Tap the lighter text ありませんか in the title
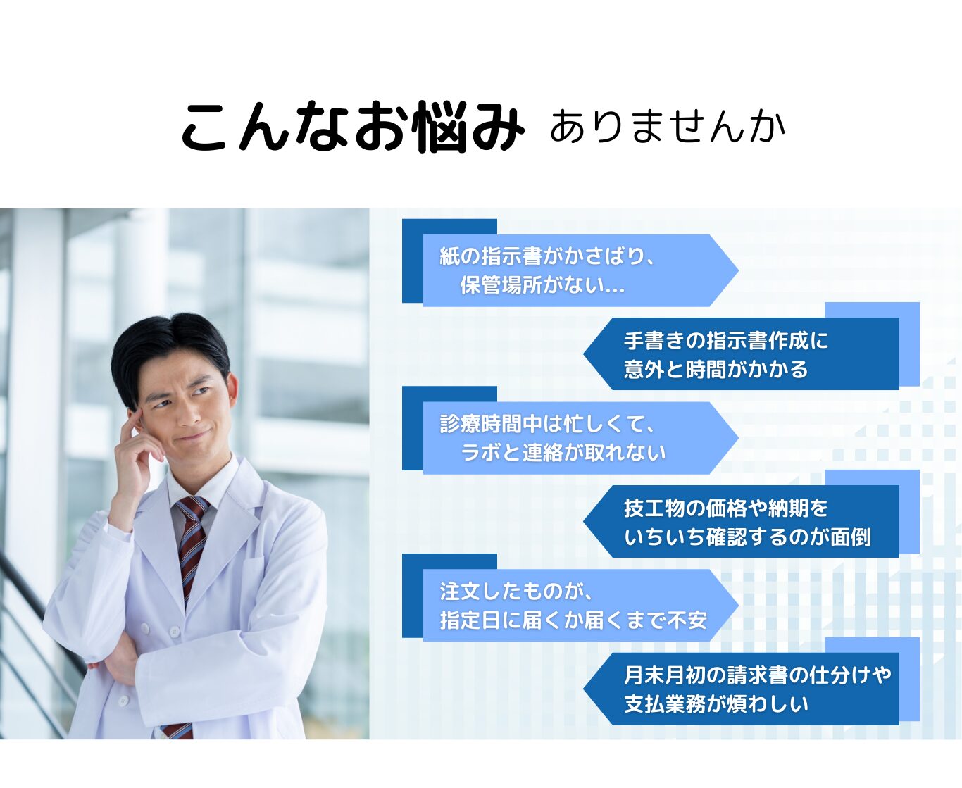coord(668,126)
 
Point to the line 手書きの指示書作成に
coord(725,340)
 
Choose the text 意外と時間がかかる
coord(716,370)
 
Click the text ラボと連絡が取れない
coord(563,453)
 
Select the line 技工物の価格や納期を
coord(725,508)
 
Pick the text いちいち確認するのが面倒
coord(747,537)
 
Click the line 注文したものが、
coord(516,592)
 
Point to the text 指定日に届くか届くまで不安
coord(573,620)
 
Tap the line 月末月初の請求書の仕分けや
coord(757,675)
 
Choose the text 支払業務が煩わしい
coord(716,704)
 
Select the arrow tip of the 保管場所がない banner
coord(737,270)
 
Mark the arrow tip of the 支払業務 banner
coord(585,689)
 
